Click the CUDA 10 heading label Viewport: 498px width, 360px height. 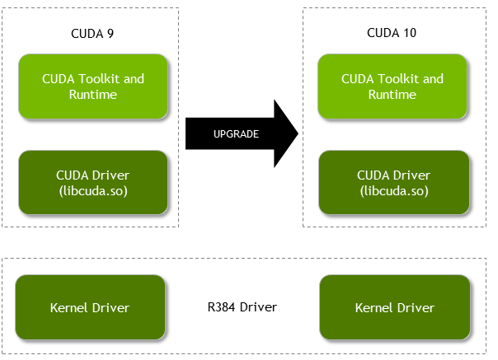coord(392,33)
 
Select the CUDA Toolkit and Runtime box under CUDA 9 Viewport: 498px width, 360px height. coord(93,86)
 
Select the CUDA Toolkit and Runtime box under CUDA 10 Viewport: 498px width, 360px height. coord(392,86)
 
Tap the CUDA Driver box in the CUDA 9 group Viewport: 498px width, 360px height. coord(93,182)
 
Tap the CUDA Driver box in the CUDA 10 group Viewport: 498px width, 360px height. coord(392,182)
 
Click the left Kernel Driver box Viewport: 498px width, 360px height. coord(91,307)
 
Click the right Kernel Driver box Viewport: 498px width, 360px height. coord(394,307)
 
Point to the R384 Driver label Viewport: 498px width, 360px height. coord(242,307)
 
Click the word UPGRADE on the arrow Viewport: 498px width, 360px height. coord(236,134)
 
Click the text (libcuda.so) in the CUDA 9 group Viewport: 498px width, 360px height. coord(93,190)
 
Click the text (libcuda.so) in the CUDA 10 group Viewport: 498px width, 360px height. coord(392,190)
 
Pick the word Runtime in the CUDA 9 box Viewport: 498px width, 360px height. coord(93,95)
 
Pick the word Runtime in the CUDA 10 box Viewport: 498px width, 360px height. coord(392,95)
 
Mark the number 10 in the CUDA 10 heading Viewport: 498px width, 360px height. coord(411,33)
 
